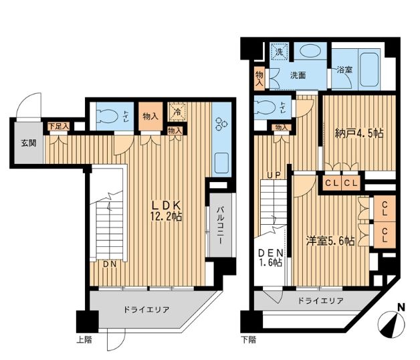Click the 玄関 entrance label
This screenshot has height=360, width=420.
click(29, 143)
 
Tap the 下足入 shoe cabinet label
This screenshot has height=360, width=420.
click(59, 126)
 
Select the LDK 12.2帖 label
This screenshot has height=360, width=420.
click(166, 211)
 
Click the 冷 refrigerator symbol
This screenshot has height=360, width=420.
click(177, 112)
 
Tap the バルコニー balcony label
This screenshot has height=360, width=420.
click(221, 226)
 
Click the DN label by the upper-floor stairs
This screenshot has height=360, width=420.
click(110, 264)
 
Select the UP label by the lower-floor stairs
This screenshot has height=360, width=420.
click(274, 175)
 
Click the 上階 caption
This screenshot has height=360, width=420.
click(84, 340)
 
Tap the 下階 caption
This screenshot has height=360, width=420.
click(248, 340)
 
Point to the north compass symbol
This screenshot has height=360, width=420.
click(391, 321)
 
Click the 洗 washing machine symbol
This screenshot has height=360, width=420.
click(279, 52)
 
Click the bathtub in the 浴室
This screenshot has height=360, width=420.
click(370, 70)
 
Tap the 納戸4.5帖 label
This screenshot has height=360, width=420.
click(359, 133)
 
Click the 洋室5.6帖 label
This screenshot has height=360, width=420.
click(331, 241)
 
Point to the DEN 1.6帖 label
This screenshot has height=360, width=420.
click(271, 258)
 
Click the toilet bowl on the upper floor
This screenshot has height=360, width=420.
click(107, 116)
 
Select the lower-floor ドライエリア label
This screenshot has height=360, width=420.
click(320, 300)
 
